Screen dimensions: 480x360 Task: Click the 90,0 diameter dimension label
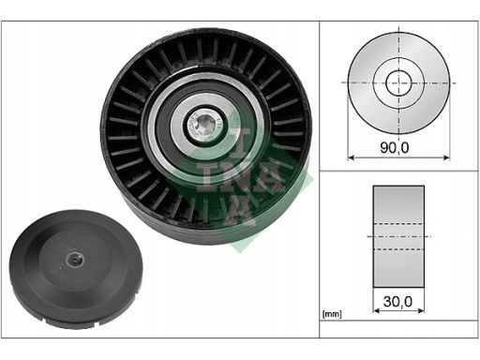pyautogui.click(x=394, y=147)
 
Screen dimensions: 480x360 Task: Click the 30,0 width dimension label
pyautogui.click(x=397, y=302)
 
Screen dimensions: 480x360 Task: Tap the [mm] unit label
pyautogui.click(x=332, y=314)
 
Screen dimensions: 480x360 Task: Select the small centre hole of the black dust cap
pyautogui.click(x=75, y=259)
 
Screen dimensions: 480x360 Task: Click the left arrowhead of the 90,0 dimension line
pyautogui.click(x=352, y=157)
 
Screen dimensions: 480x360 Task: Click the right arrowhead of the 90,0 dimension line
pyautogui.click(x=446, y=157)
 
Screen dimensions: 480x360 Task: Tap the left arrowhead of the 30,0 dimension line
pyautogui.click(x=377, y=310)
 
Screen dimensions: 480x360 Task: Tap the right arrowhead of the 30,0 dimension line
pyautogui.click(x=421, y=310)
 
